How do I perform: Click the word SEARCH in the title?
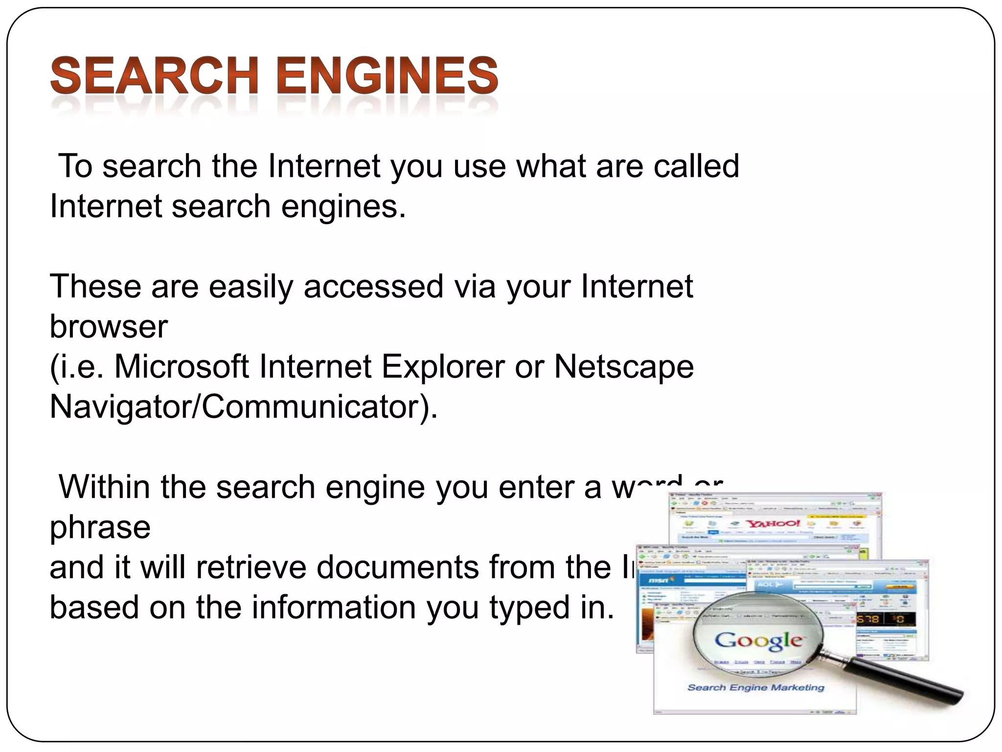155,76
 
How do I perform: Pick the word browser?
109,327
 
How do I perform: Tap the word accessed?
373,286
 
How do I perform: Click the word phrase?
100,528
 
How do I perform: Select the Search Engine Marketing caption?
755,688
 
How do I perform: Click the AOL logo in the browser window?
766,585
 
